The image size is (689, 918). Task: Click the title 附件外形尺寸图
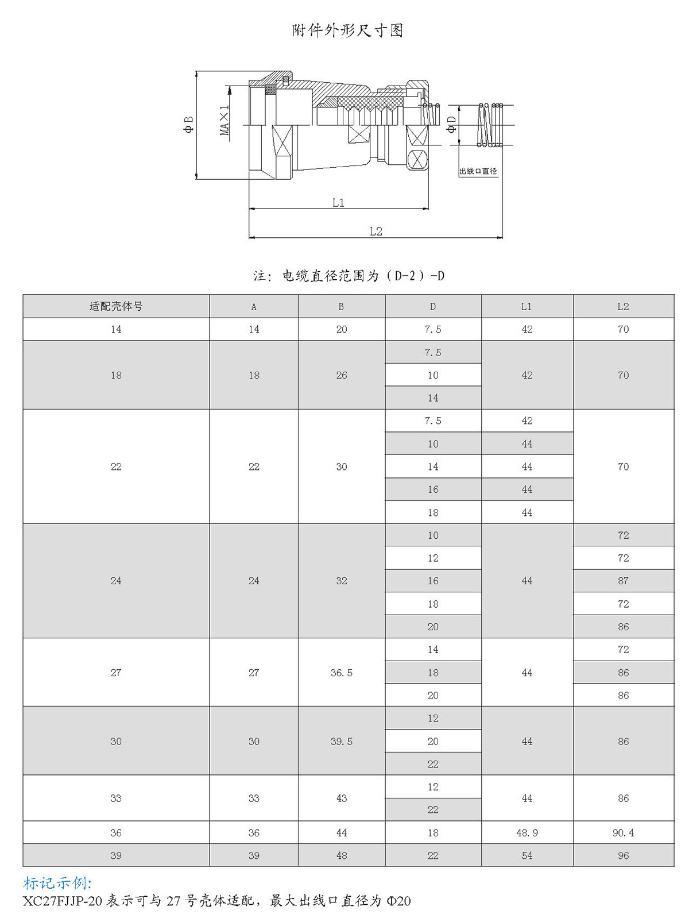[347, 30]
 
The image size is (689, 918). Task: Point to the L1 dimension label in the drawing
[338, 202]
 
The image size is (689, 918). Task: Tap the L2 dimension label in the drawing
[376, 231]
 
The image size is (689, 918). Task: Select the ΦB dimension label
[188, 125]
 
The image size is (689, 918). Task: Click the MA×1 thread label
[224, 120]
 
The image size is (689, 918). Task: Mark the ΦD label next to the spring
[452, 125]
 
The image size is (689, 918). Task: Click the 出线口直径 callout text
[478, 171]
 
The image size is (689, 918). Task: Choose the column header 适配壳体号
[116, 306]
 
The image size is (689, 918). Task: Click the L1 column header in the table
[527, 306]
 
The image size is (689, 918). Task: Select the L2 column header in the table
[623, 306]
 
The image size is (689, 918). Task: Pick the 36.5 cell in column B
[342, 673]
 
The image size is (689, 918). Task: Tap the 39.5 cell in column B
[342, 742]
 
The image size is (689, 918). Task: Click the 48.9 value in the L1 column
[527, 832]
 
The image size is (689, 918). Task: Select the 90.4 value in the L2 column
[623, 832]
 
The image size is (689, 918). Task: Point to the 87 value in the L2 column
[623, 581]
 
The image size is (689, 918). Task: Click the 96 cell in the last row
[623, 855]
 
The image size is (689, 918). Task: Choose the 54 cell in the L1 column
[527, 855]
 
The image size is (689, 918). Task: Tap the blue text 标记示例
[57, 883]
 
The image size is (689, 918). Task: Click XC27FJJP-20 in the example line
[63, 901]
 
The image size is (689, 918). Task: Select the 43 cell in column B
[342, 799]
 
